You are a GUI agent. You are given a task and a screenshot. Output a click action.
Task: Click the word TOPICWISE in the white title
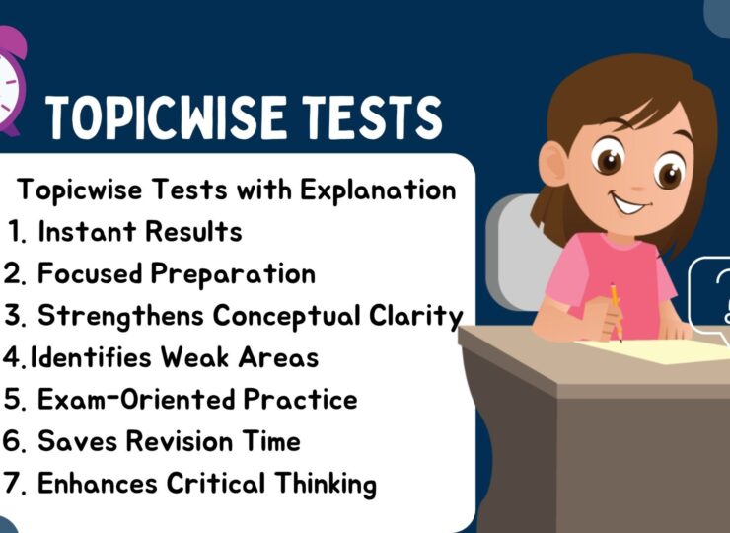tap(167, 116)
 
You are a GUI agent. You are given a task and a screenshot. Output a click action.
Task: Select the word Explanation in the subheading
tap(378, 190)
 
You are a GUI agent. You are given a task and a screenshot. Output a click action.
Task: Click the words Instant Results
tap(140, 231)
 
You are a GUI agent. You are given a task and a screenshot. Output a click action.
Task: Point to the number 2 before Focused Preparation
tap(13, 273)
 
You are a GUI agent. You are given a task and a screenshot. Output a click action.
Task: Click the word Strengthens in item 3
tap(120, 317)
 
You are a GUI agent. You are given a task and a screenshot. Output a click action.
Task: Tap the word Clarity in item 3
tap(416, 317)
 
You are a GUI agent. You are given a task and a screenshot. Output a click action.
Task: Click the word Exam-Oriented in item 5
tap(136, 400)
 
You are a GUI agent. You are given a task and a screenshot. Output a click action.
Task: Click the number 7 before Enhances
tap(12, 483)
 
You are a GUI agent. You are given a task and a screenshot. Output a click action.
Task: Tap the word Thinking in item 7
tap(325, 484)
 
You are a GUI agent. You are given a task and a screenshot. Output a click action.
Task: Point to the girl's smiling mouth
tap(627, 203)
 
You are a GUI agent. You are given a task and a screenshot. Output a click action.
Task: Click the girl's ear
tap(554, 164)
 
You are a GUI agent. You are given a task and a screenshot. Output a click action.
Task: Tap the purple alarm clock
tap(10, 80)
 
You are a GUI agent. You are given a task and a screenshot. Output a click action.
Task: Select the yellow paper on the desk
tap(661, 349)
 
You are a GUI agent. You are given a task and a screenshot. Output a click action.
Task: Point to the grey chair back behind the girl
tap(518, 252)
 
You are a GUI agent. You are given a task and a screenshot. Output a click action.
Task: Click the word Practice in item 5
tap(300, 400)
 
